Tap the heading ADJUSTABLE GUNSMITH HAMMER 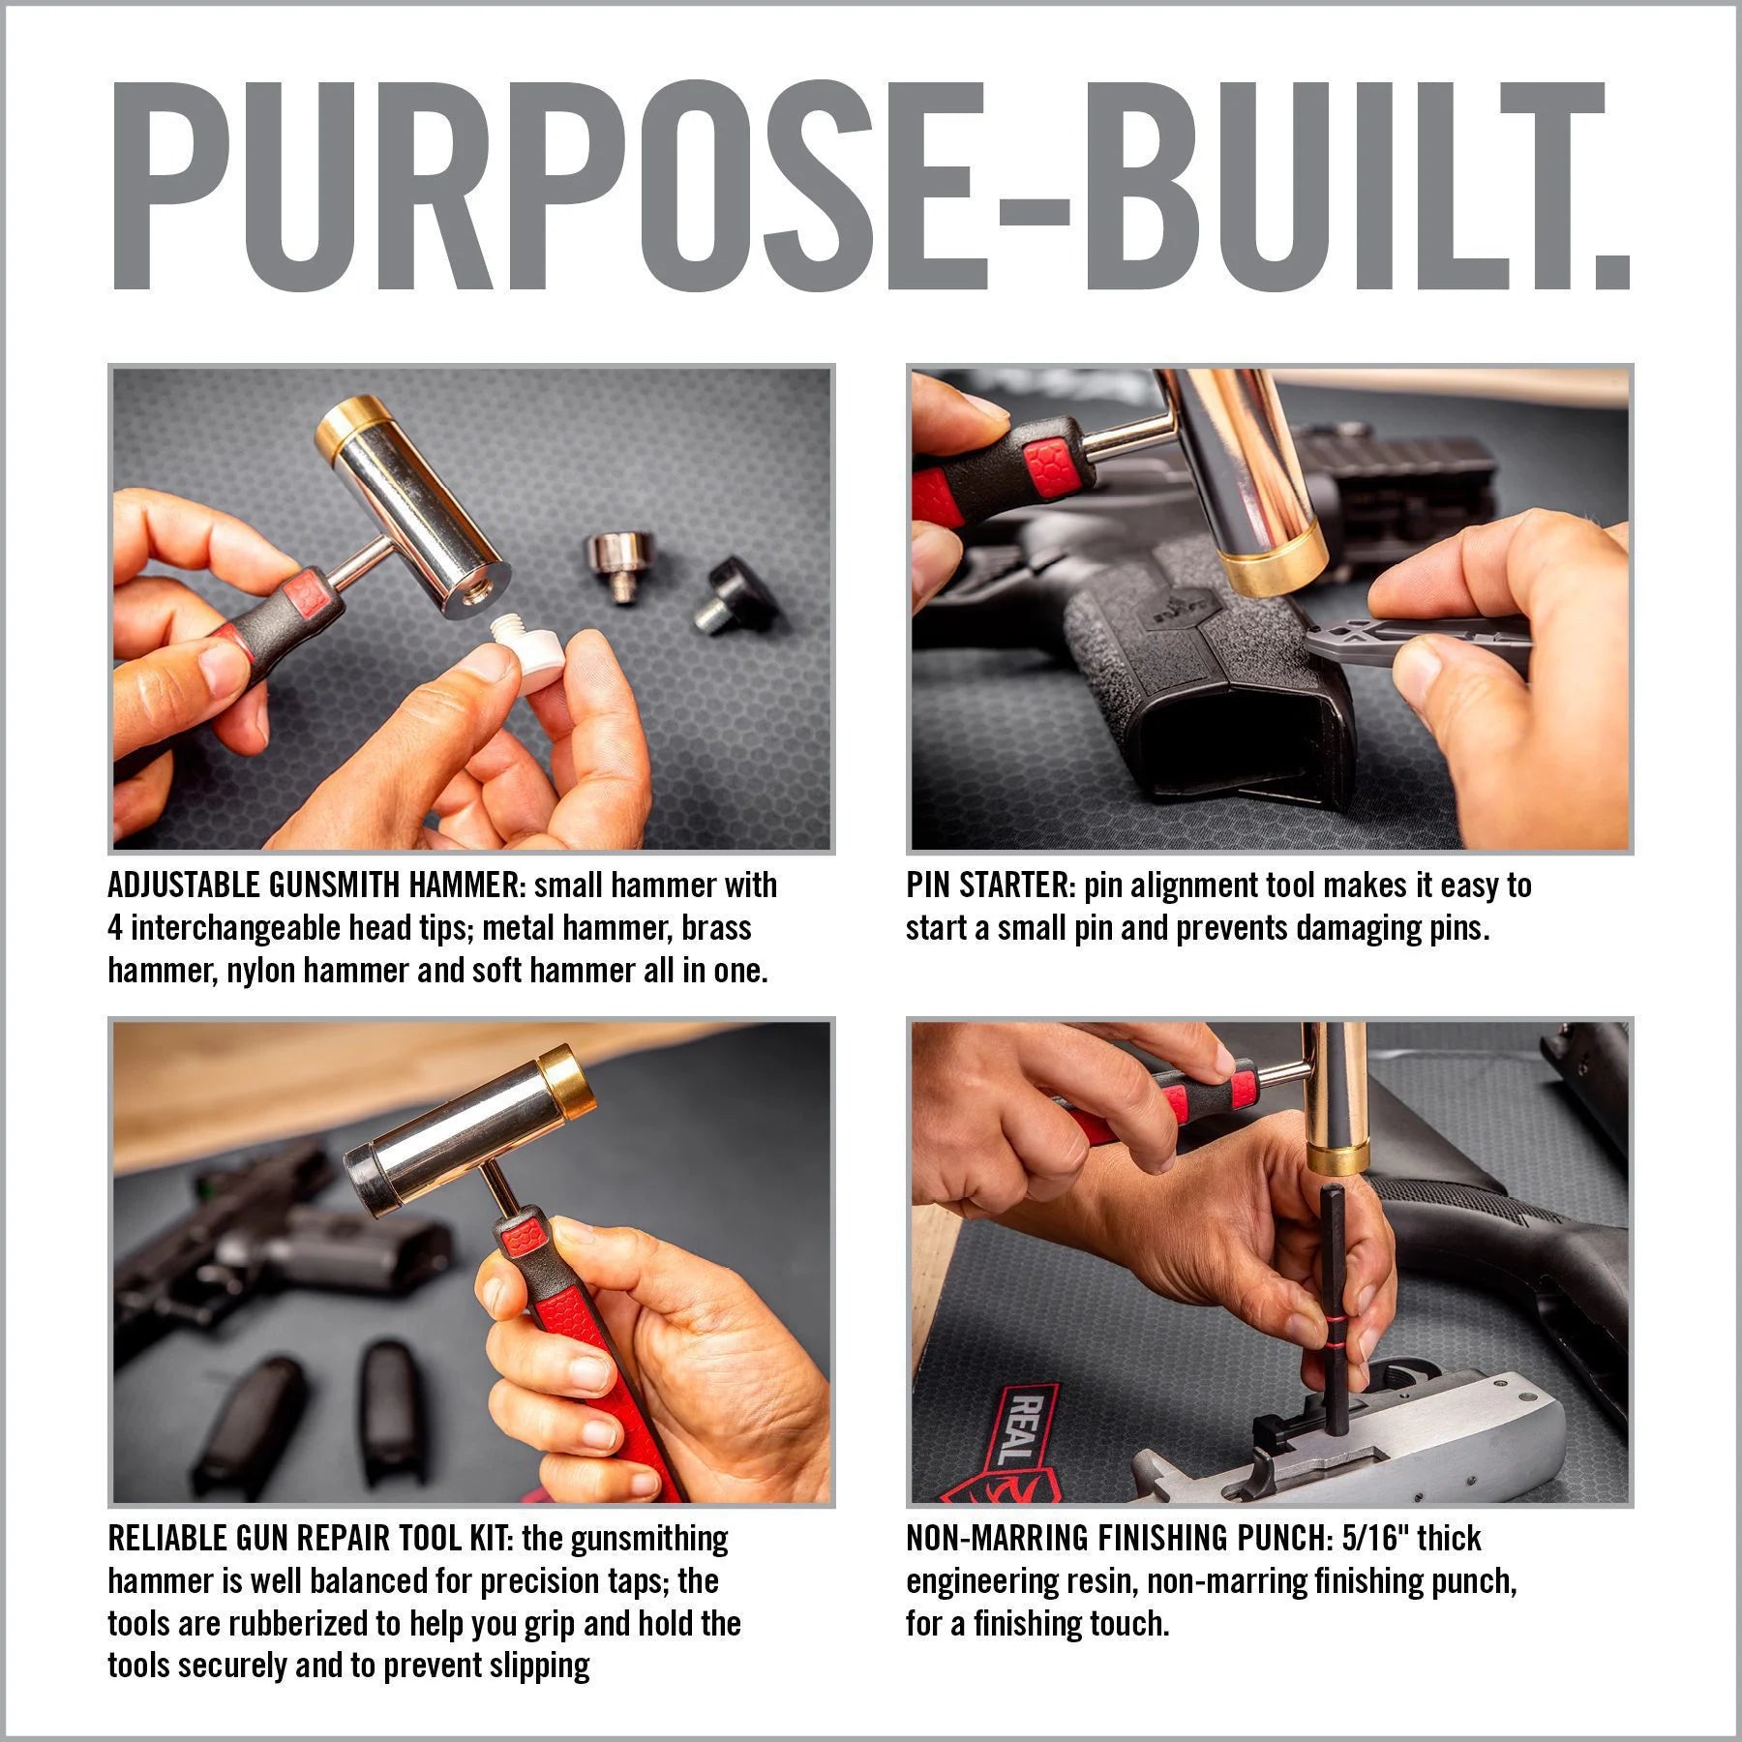tap(315, 885)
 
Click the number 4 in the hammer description tap(115, 928)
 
